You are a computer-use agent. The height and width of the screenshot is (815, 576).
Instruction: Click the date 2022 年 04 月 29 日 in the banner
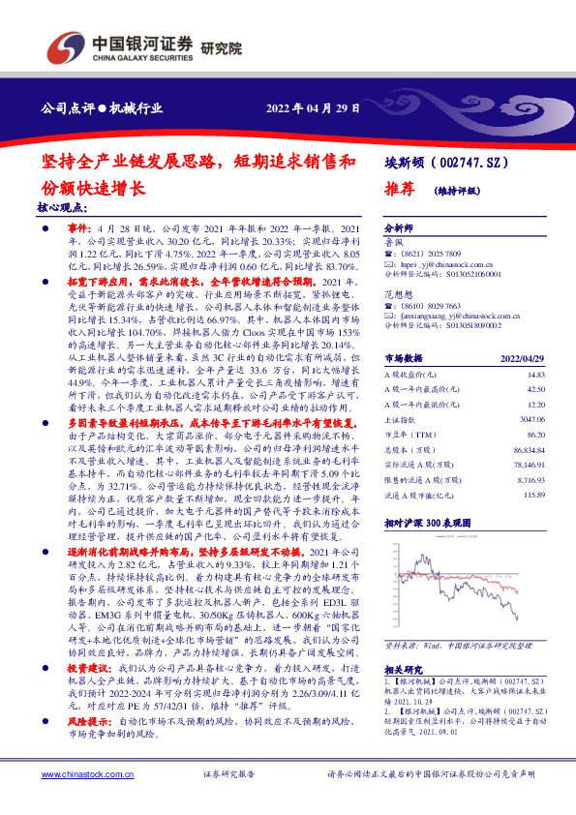314,108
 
